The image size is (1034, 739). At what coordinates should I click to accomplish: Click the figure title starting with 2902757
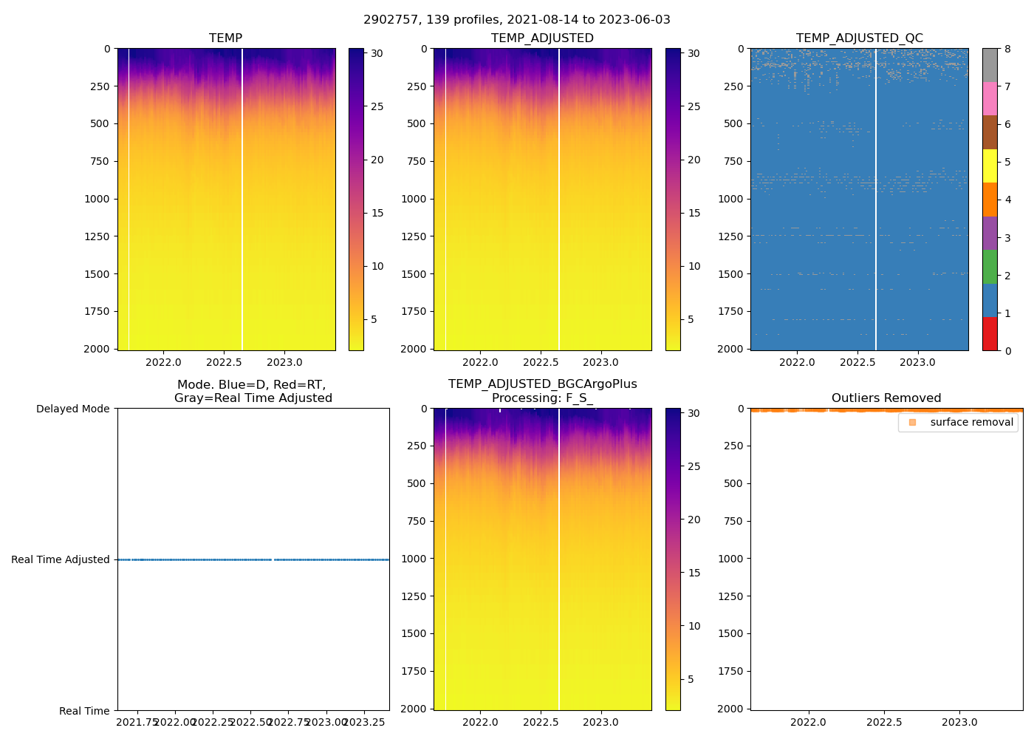[x=517, y=20]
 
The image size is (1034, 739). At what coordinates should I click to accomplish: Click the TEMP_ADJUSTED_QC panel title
[x=859, y=38]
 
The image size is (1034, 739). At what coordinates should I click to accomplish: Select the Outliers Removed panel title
[x=886, y=398]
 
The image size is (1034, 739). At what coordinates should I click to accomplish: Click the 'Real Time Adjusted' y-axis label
[x=61, y=559]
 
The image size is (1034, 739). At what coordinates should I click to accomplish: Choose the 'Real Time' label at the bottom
[x=84, y=711]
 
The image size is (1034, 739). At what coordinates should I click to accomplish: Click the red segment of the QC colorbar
[x=990, y=333]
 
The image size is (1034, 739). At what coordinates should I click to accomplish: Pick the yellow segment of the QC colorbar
[x=990, y=166]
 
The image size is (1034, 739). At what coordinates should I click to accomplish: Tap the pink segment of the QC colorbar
[x=990, y=98]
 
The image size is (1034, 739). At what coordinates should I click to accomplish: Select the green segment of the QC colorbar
[x=990, y=266]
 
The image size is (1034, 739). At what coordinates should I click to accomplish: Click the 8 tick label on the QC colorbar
[x=1007, y=50]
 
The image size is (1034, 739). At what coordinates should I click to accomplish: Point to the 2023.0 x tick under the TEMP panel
[x=284, y=362]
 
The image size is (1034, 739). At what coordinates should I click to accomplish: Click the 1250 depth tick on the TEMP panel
[x=97, y=236]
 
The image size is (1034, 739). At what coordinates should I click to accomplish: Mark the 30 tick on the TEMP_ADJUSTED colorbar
[x=694, y=53]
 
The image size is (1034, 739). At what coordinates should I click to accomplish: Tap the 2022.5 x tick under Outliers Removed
[x=884, y=722]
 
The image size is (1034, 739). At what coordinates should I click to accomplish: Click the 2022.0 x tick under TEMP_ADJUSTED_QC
[x=797, y=362]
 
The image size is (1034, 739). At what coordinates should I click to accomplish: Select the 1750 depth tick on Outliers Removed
[x=730, y=671]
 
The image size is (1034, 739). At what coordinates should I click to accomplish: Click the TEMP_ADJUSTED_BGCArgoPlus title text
[x=542, y=384]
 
